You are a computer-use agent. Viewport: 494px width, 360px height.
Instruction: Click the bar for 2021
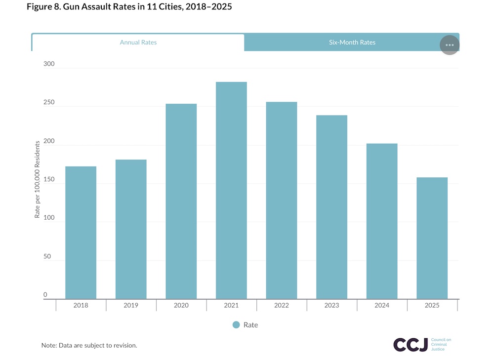(231, 190)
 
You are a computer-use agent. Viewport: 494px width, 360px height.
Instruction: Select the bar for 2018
(81, 232)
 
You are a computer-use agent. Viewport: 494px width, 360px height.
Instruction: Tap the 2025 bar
(432, 238)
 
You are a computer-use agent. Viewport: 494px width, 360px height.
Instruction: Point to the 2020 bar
(181, 201)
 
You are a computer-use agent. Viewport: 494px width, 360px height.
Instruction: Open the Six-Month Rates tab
(352, 42)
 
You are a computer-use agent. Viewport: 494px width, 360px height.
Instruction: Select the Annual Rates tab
(138, 42)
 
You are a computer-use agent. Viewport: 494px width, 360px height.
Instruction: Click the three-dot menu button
(449, 45)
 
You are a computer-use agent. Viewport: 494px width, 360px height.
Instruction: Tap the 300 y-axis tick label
(48, 64)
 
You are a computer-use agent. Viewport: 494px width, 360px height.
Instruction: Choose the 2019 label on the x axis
(131, 306)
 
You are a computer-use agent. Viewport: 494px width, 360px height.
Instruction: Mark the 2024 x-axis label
(382, 306)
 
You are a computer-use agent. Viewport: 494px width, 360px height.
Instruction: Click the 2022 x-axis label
(282, 306)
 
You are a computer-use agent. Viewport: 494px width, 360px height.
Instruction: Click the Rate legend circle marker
(236, 325)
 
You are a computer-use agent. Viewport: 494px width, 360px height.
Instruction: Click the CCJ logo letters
(411, 344)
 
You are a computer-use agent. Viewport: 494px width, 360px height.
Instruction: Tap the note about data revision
(89, 345)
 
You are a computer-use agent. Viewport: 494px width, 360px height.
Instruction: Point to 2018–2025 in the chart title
(207, 7)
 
